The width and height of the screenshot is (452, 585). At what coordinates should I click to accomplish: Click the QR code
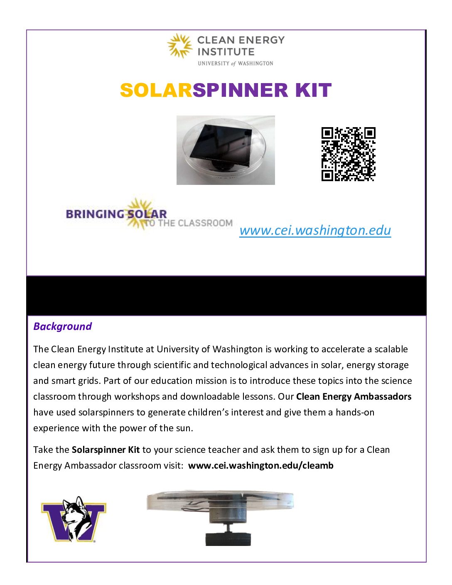pyautogui.click(x=348, y=154)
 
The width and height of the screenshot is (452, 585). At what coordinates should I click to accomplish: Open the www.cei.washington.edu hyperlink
pyautogui.click(x=315, y=230)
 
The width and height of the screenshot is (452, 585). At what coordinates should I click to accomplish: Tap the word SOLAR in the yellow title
pyautogui.click(x=156, y=90)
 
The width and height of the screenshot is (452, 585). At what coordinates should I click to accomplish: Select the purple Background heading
pyautogui.click(x=62, y=327)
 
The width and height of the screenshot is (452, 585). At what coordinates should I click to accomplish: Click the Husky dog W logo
pyautogui.click(x=74, y=519)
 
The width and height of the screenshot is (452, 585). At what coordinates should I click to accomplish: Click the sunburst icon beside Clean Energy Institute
pyautogui.click(x=180, y=45)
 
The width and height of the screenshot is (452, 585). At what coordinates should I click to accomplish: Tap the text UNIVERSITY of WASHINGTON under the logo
pyautogui.click(x=235, y=64)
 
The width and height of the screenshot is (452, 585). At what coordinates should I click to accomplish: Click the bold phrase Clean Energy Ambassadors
pyautogui.click(x=354, y=397)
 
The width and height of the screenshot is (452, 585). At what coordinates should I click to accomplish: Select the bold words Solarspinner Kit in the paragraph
pyautogui.click(x=106, y=450)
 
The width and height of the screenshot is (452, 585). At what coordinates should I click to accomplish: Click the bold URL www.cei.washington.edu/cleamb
pyautogui.click(x=260, y=466)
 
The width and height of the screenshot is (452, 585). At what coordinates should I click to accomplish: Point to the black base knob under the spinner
pyautogui.click(x=228, y=539)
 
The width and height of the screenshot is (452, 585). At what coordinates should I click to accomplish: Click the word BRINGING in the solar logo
pyautogui.click(x=95, y=214)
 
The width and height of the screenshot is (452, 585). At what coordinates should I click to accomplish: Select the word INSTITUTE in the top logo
pyautogui.click(x=226, y=52)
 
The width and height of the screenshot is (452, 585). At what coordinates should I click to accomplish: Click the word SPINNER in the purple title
pyautogui.click(x=240, y=90)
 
